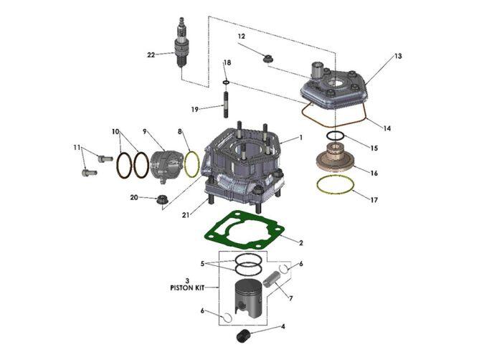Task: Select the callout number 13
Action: pos(398,57)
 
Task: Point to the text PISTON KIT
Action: pos(186,288)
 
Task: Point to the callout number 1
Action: pos(301,138)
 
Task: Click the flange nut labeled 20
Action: pos(161,198)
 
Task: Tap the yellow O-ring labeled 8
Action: pos(191,164)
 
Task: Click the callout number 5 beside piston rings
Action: pos(204,263)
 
